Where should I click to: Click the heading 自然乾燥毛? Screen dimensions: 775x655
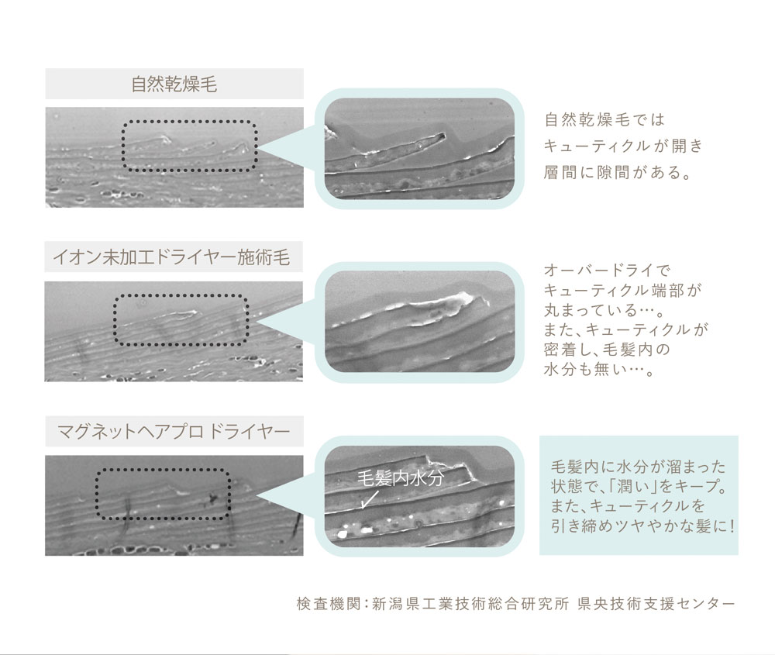coord(174,84)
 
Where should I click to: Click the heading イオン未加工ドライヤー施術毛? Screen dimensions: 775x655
coord(171,257)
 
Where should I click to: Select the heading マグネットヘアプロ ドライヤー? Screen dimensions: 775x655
coord(173,432)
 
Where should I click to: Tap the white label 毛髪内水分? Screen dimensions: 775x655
coord(401,478)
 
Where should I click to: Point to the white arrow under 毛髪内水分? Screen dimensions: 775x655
coord(369,499)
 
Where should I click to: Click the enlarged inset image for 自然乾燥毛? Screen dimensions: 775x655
coord(419,148)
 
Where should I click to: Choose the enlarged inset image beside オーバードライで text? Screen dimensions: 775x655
coord(419,322)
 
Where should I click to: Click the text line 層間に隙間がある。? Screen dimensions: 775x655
coord(618,173)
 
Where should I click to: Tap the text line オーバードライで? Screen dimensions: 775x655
coord(607,270)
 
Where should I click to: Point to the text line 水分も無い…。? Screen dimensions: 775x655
coord(599,369)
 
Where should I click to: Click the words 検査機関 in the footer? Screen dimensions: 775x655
coord(328,604)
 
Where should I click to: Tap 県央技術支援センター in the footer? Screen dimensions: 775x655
coord(656,604)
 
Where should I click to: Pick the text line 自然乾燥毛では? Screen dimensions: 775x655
coord(604,119)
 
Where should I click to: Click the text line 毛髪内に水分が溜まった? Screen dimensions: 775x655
coord(638,467)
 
